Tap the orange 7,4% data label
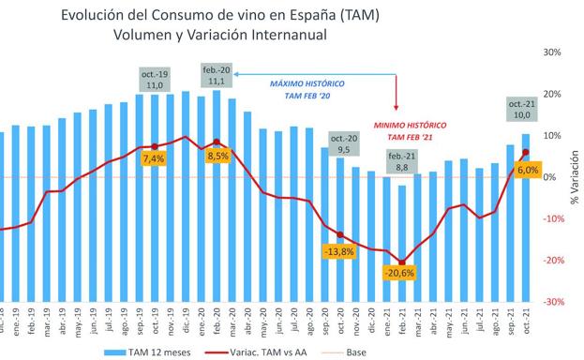click(153, 159)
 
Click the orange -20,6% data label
click(399, 273)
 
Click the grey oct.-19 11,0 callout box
click(156, 80)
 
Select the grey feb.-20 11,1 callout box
click(217, 75)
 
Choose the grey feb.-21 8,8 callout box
click(401, 161)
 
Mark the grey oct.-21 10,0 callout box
click(521, 108)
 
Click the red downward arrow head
click(398, 110)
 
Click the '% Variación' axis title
click(574, 177)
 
